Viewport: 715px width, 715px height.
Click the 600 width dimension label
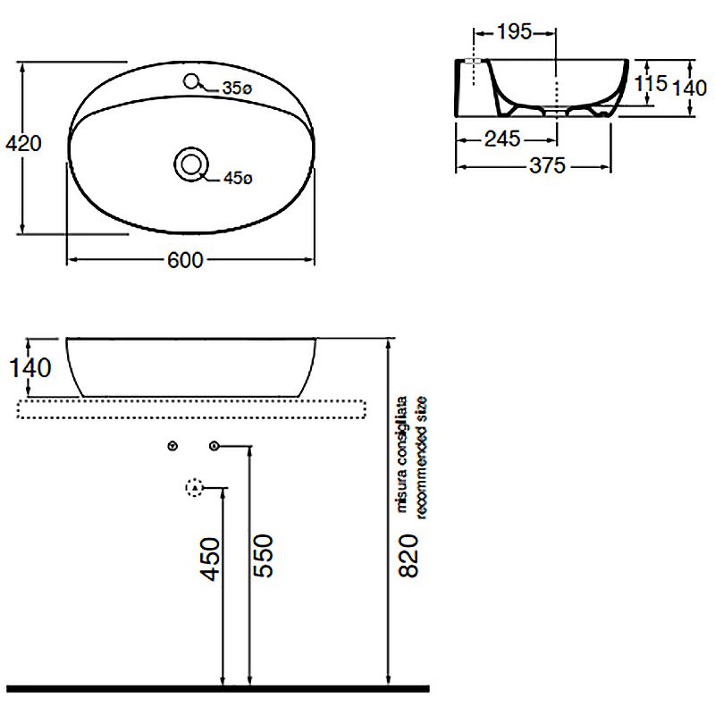click(185, 260)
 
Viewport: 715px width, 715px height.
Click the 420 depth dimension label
click(23, 144)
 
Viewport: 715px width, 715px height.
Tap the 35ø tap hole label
click(237, 88)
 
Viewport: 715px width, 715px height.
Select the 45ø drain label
click(238, 178)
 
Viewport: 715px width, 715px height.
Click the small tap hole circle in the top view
click(191, 81)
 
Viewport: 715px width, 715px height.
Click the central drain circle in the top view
click(191, 164)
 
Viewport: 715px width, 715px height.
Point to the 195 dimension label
click(514, 32)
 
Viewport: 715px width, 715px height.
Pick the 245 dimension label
click(502, 139)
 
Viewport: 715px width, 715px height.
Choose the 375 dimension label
click(548, 166)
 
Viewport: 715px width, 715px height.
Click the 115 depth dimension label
click(651, 83)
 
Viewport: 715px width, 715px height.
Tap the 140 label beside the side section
click(690, 88)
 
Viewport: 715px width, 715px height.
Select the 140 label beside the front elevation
click(30, 368)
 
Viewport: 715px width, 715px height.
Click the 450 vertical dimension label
click(211, 559)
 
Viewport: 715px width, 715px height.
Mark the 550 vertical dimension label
click(263, 556)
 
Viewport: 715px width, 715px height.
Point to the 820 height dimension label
click(408, 556)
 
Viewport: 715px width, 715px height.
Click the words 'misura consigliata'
click(401, 455)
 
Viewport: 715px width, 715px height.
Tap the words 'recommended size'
click(421, 458)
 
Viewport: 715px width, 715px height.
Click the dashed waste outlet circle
click(195, 487)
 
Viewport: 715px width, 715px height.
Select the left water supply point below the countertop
click(172, 445)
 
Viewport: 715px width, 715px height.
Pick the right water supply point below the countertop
click(214, 445)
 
